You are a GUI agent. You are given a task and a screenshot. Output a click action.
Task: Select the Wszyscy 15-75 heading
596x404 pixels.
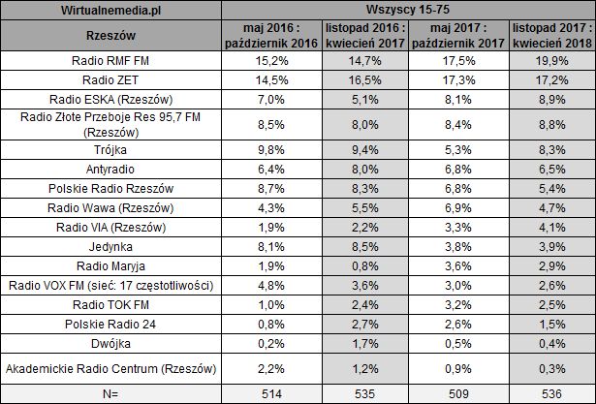(408, 9)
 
